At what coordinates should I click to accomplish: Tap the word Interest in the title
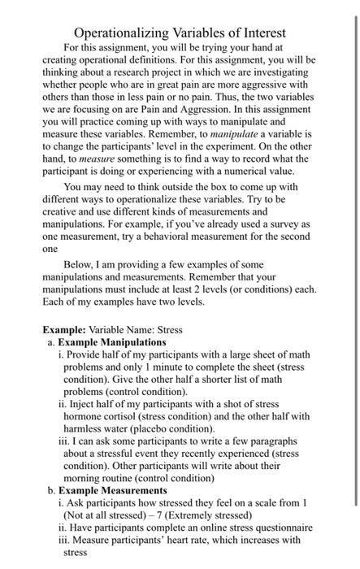(x=259, y=33)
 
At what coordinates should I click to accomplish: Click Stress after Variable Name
(x=169, y=330)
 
